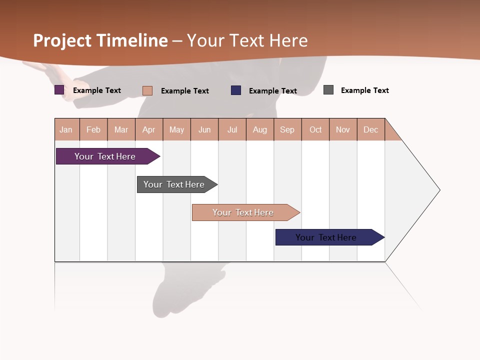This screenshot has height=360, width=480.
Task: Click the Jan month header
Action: point(66,129)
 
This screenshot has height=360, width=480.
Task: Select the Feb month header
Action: point(93,129)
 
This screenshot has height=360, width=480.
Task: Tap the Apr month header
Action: point(149,129)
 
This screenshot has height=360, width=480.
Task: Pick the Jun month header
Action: point(204,129)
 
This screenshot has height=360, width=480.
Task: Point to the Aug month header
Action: point(260,129)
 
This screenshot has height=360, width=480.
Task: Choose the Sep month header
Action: point(287,129)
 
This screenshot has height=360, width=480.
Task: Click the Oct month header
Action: point(315,129)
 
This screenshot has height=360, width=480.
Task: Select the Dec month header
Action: point(371,129)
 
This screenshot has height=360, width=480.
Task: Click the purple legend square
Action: point(59,90)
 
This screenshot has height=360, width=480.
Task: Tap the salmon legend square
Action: point(147,90)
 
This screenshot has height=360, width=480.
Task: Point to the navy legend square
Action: point(236,90)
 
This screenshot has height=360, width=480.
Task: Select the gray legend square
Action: point(328,90)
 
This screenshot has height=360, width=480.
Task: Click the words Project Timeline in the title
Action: point(100,40)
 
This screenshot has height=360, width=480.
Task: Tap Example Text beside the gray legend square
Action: point(364,90)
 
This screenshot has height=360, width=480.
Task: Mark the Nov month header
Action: point(343,129)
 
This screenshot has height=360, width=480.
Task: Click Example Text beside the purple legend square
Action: point(97,90)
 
